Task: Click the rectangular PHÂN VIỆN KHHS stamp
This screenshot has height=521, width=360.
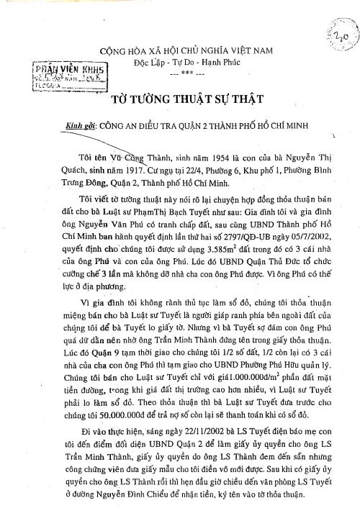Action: coord(84,75)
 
